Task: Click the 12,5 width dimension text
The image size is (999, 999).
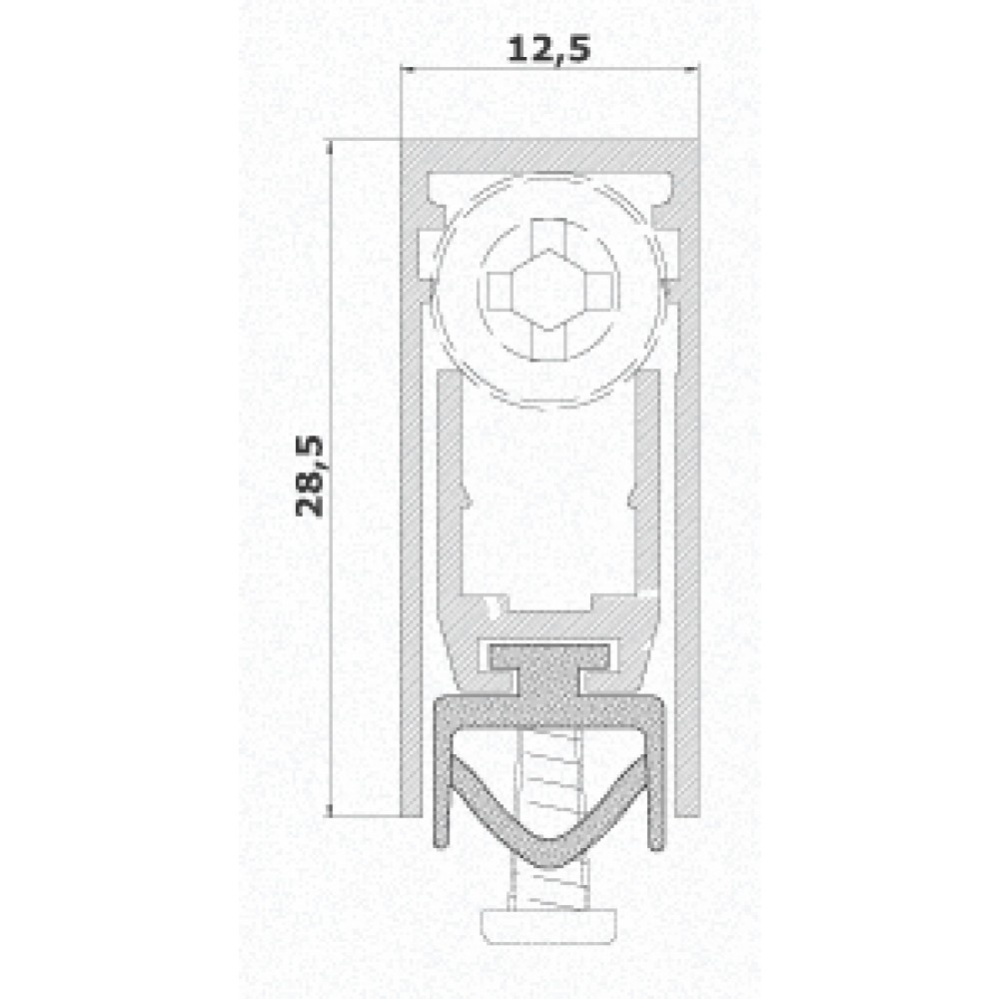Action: [548, 51]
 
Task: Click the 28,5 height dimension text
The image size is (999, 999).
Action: [312, 475]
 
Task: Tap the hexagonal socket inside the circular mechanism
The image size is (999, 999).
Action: [548, 290]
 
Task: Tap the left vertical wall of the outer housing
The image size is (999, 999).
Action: [411, 499]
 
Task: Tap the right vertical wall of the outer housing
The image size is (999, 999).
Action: [686, 499]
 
